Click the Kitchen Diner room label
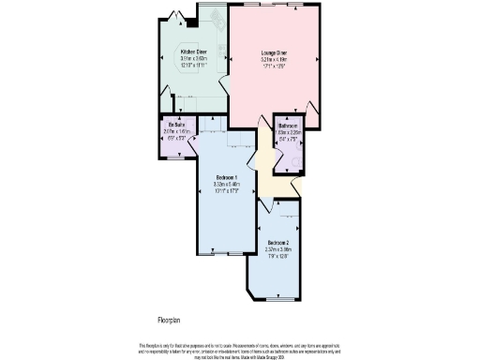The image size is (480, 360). tap(194, 52)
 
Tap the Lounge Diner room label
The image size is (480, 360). tap(274, 52)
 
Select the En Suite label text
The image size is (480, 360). tap(174, 125)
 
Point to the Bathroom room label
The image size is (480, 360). tap(288, 126)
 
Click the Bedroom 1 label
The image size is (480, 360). tap(227, 178)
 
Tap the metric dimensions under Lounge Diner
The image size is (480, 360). tap(274, 59)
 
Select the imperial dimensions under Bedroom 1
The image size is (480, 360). tap(227, 191)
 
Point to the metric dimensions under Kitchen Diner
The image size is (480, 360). tap(194, 58)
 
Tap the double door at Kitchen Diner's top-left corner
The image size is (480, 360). tap(170, 12)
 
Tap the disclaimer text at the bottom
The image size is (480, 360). tap(239, 348)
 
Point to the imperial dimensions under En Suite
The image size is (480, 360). tap(174, 138)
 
